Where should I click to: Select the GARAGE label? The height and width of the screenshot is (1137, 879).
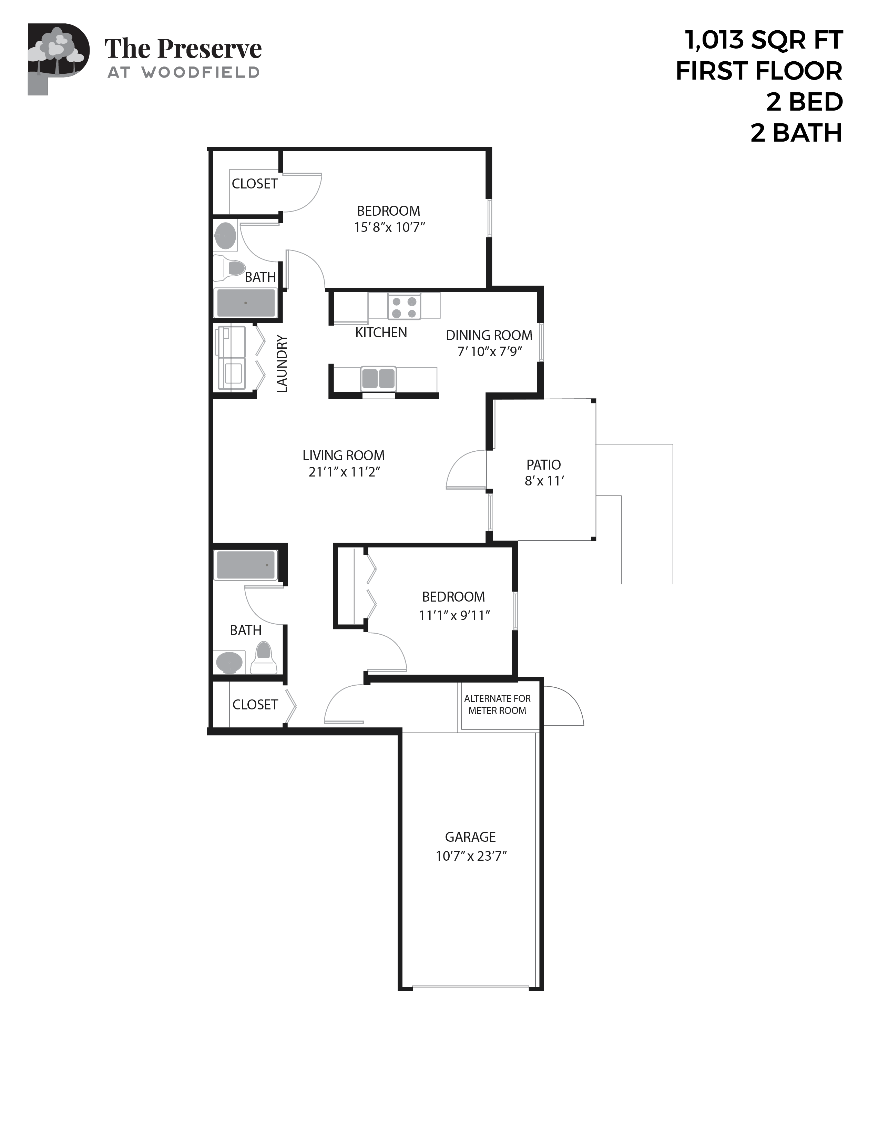click(x=470, y=837)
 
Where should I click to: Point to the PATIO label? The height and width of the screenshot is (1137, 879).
click(x=544, y=464)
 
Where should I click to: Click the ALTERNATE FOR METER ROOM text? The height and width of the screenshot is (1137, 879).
click(x=497, y=704)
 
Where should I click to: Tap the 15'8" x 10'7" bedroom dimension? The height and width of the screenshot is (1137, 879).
click(x=389, y=227)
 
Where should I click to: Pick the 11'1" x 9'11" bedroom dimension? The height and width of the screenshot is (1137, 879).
click(x=454, y=615)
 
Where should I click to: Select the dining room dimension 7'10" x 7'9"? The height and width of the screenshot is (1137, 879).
click(x=490, y=352)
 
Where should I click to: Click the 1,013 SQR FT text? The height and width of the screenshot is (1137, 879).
click(x=764, y=41)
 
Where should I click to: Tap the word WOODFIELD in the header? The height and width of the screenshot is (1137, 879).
click(x=201, y=73)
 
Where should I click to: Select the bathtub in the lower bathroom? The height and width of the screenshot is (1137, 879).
click(x=245, y=565)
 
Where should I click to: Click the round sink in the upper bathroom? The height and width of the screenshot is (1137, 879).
click(x=225, y=236)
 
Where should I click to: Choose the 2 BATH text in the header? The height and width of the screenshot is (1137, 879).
click(x=796, y=133)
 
